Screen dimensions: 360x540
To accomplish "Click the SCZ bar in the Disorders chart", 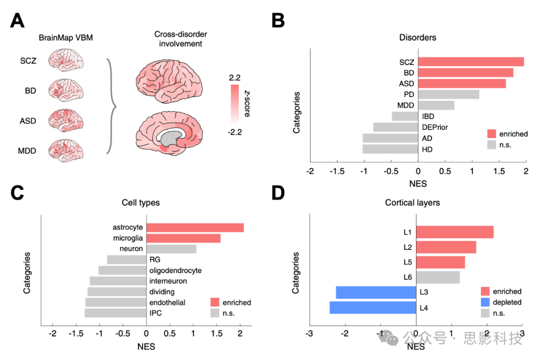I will point(470,61).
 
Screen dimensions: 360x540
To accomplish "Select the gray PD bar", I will point(448,94).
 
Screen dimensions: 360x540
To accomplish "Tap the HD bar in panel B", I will point(390,149).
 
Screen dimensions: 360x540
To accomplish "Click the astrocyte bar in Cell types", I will point(194,227).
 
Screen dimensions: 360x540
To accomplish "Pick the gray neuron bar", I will point(171,248).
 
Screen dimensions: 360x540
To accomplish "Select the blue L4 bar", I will point(372,307).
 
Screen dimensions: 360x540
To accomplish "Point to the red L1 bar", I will point(454,232).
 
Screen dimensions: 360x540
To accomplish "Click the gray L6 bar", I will point(437,277).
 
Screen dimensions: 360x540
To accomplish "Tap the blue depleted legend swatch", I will point(484,302).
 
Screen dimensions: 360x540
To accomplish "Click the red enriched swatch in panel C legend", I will point(215,302).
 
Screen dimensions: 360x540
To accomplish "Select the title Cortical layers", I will point(413,203).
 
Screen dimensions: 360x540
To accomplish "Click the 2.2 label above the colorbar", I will point(234,78).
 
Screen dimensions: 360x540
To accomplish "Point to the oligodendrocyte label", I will point(175,270).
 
